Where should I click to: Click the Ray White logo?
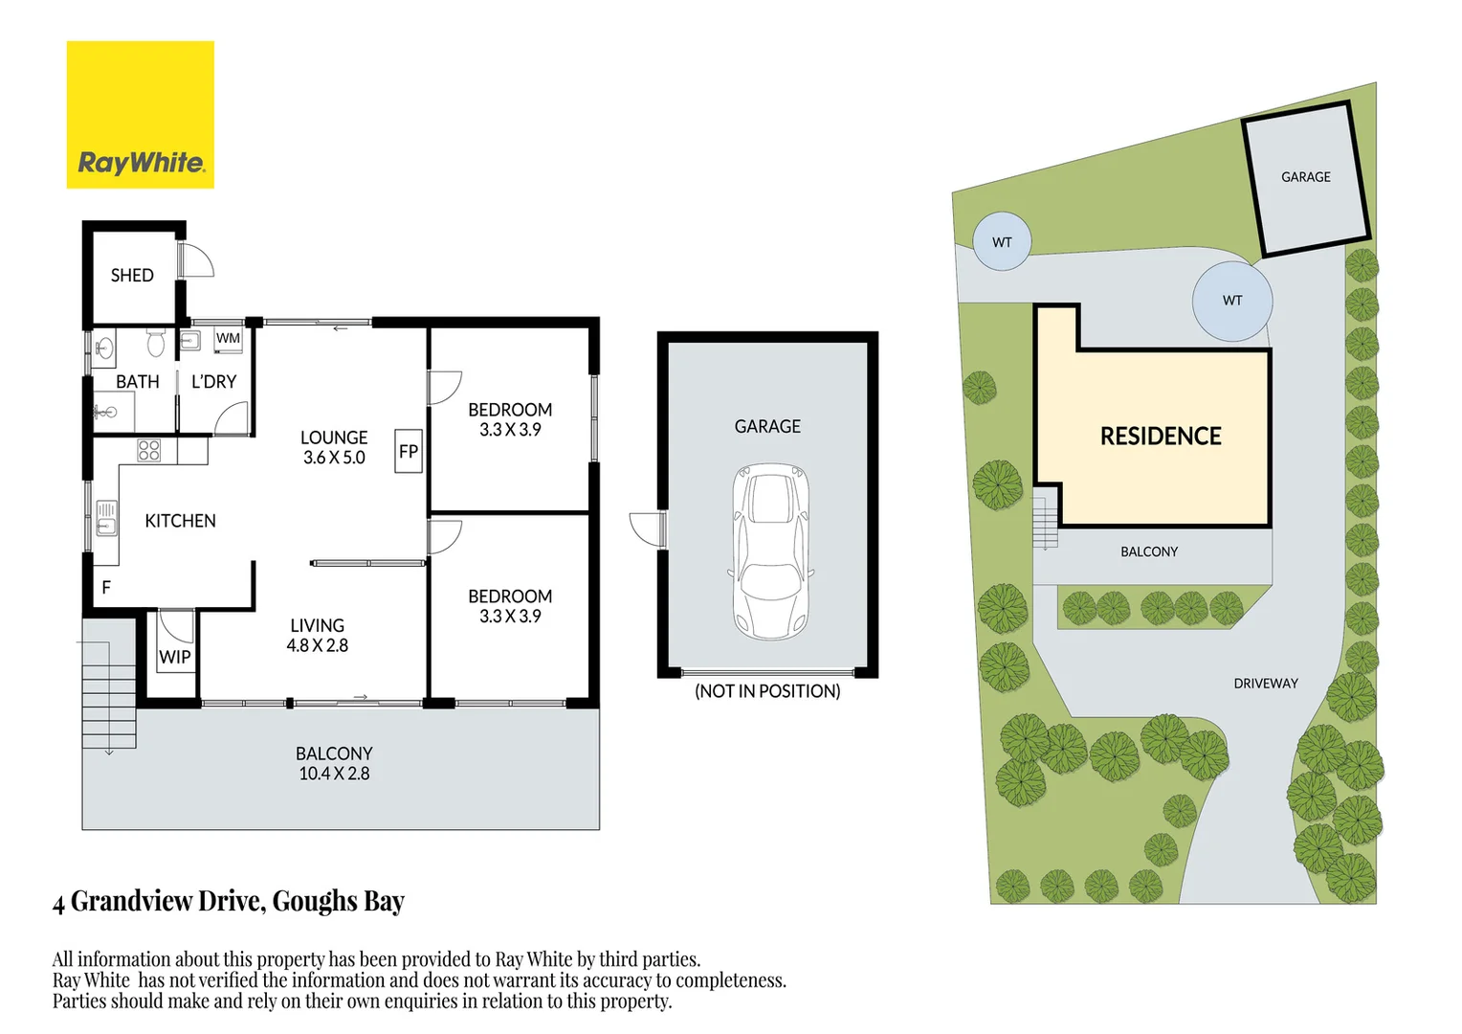140,115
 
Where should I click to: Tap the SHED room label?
132,276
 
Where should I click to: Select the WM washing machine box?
228,338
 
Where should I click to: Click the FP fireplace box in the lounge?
409,451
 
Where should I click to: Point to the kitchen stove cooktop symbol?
149,450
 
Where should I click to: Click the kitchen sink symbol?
105,518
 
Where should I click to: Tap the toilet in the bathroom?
156,342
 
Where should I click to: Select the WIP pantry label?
174,657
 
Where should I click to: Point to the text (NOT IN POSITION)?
767,691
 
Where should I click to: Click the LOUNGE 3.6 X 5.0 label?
334,447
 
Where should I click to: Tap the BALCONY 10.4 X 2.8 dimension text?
334,764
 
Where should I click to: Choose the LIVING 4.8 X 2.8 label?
317,636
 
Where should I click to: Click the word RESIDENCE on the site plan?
1160,437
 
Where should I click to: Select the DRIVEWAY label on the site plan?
1265,684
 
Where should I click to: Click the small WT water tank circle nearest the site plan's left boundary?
1002,241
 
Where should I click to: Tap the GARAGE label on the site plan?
1305,177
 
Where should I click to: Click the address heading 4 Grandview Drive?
229,901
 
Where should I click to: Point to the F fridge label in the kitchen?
106,587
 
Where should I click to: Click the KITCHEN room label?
180,521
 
